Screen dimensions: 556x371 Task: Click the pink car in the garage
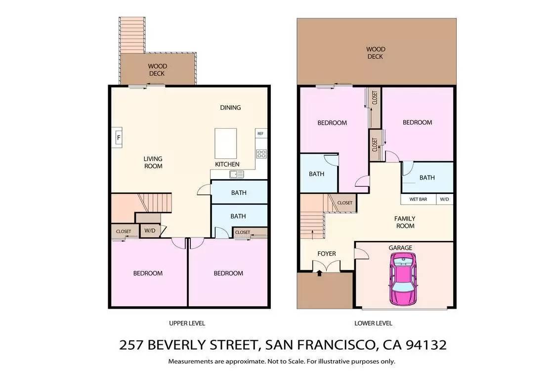[x=403, y=279]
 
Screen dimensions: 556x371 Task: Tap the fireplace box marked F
[x=118, y=138]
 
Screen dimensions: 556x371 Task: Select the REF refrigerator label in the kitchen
[x=260, y=134]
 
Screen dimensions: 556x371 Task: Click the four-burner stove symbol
[x=261, y=154]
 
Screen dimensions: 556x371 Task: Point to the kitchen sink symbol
[x=237, y=174]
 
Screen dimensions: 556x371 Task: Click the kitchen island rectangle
[x=225, y=143]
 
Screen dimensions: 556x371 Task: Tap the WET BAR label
[x=418, y=199]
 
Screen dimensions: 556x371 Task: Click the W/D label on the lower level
[x=444, y=199]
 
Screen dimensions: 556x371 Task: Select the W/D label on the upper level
[x=150, y=231]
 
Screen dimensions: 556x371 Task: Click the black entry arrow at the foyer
[x=319, y=273]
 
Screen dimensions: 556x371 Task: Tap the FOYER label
[x=327, y=253]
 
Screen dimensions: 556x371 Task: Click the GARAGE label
[x=400, y=248]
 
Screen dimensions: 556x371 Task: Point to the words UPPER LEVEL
[x=187, y=324]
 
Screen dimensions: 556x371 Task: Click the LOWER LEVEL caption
[x=374, y=324]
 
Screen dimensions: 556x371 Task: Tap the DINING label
[x=230, y=107]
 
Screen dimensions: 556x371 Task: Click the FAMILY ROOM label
[x=405, y=222]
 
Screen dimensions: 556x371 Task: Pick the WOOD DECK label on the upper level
[x=157, y=70]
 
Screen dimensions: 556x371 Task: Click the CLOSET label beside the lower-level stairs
[x=344, y=203]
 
